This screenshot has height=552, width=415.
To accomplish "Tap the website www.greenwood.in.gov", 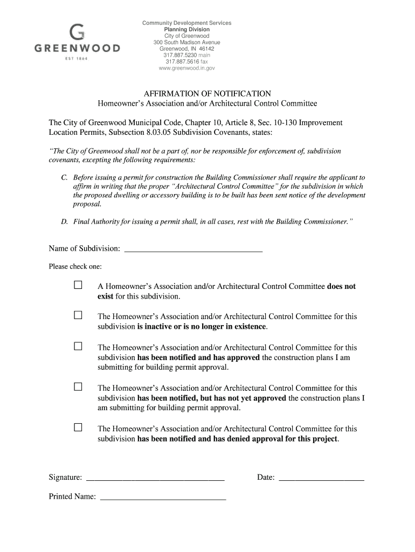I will [186, 68].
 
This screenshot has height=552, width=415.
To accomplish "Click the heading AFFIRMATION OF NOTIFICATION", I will [207, 93].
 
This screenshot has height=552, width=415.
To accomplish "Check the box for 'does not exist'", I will [78, 285].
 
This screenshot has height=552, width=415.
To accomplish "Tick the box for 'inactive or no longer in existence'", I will [78, 315].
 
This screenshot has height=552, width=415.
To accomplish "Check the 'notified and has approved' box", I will [78, 346].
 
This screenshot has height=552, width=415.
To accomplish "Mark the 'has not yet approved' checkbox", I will [78, 387].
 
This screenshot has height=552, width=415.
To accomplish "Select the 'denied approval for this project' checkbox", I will [78, 427].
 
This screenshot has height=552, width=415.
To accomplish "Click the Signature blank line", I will [155, 478].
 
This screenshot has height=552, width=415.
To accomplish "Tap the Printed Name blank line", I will [163, 497].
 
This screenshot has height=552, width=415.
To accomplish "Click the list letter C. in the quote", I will [64, 177].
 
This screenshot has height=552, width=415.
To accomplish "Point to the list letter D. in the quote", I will [64, 222].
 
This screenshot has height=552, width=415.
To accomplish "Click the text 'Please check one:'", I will [75, 266].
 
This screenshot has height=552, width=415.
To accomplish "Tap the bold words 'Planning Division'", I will [186, 30].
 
